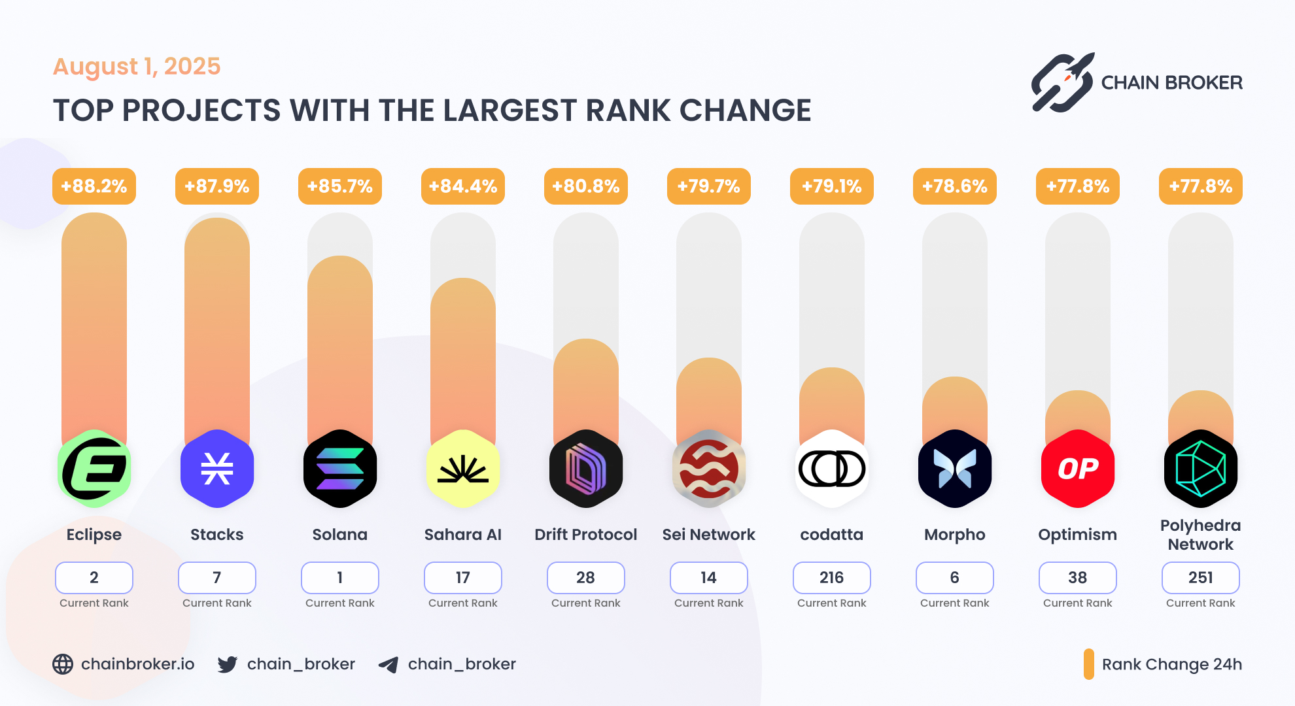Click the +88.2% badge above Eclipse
click(94, 186)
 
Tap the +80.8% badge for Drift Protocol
click(585, 186)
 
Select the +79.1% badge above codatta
click(831, 186)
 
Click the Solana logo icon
click(340, 469)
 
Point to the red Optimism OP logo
click(1077, 469)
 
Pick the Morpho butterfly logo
click(954, 469)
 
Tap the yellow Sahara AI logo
click(463, 469)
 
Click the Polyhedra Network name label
click(1200, 535)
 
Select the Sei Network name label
click(708, 535)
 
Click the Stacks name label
click(216, 535)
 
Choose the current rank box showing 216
click(831, 578)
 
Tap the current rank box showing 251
click(1200, 578)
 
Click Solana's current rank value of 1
click(340, 578)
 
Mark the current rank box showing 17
click(463, 578)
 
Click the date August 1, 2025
click(137, 67)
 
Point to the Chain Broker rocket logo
click(1062, 83)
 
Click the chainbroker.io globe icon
click(63, 664)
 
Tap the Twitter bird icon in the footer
click(228, 665)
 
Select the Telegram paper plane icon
click(389, 665)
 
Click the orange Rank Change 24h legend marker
click(1088, 664)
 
